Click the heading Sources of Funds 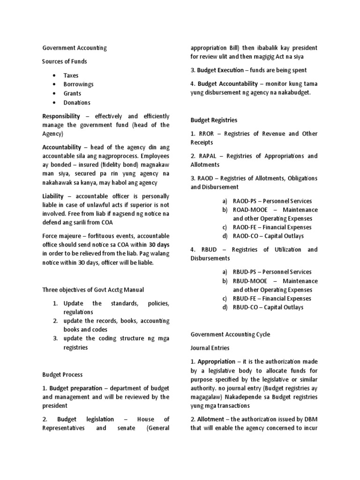(x=65, y=61)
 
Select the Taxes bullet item (x=71, y=75)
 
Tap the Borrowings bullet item (x=78, y=84)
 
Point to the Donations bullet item (x=77, y=102)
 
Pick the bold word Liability (x=53, y=196)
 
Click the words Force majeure (x=60, y=236)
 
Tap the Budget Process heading (x=62, y=375)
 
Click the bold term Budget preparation (x=75, y=388)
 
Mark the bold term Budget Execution (x=220, y=70)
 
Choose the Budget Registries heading (x=214, y=120)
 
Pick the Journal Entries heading (x=210, y=348)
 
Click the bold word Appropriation (x=216, y=361)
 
